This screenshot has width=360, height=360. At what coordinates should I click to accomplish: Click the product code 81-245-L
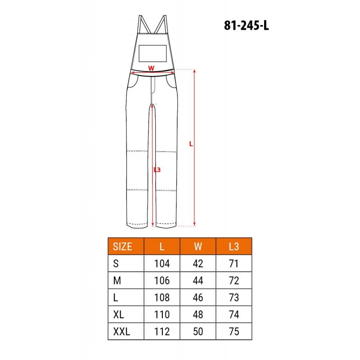tap(246, 25)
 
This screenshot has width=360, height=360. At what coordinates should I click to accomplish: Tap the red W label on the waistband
tap(151, 68)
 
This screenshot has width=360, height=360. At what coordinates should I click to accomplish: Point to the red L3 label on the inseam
tap(157, 170)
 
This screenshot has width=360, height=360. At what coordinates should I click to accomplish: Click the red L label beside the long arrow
tap(191, 144)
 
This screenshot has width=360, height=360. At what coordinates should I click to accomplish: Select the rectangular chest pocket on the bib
tap(153, 53)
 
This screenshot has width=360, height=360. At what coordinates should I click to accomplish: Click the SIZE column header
tap(122, 247)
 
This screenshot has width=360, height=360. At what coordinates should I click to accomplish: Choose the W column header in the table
tap(198, 247)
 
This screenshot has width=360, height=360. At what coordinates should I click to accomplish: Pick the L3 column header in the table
tap(234, 247)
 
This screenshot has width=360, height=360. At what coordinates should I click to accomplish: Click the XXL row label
tap(121, 331)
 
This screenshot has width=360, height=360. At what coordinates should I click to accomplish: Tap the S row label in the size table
tap(116, 263)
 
